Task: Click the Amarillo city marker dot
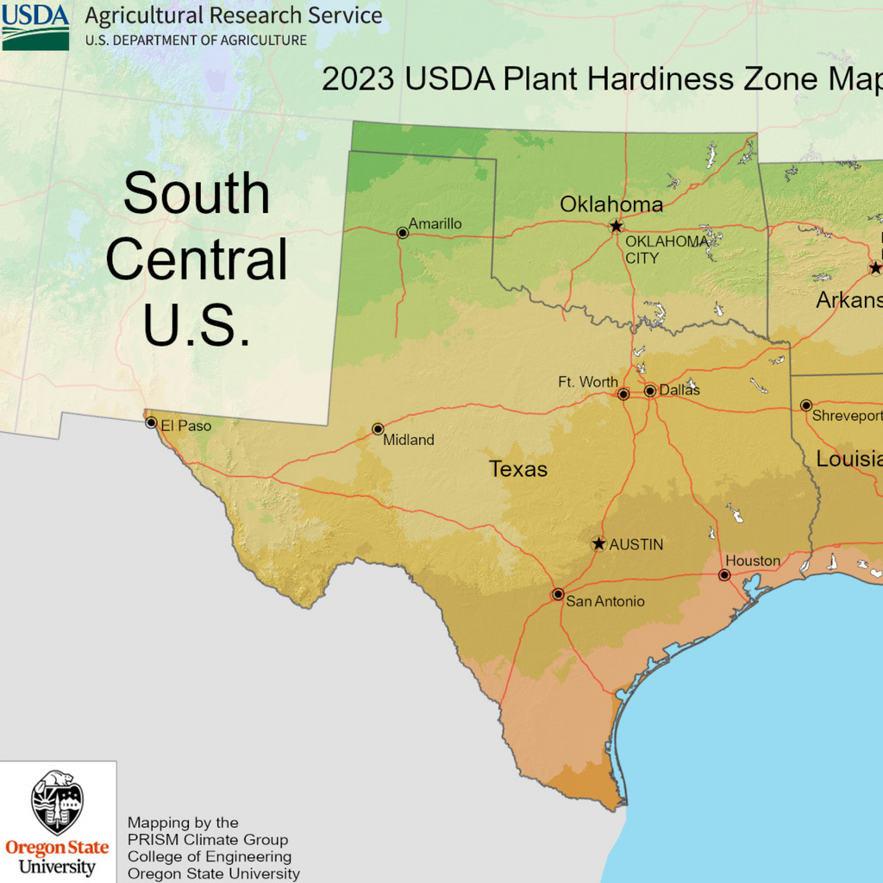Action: [x=402, y=233]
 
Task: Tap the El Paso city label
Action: [x=185, y=425]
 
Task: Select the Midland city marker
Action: [x=378, y=429]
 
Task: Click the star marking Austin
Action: [x=598, y=544]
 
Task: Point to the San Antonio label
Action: [x=604, y=601]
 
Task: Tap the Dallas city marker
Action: [x=650, y=391]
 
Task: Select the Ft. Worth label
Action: [x=588, y=382]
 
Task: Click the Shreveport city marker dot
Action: [x=806, y=405]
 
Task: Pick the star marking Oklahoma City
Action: [x=616, y=226]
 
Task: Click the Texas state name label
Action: [x=518, y=469]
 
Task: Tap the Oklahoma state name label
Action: [x=611, y=204]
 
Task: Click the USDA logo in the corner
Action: [x=35, y=26]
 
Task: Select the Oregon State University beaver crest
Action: [x=58, y=802]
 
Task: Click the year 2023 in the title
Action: [x=358, y=78]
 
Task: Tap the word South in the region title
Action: [x=197, y=193]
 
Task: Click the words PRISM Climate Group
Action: [x=208, y=840]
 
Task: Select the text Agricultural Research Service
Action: [x=234, y=16]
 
